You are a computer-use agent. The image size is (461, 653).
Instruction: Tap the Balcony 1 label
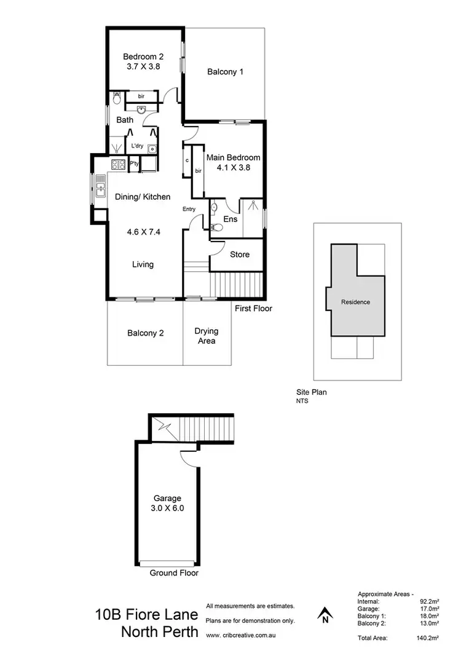(x=225, y=72)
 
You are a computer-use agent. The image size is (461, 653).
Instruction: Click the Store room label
(x=239, y=255)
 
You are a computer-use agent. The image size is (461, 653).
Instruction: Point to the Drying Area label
(x=207, y=336)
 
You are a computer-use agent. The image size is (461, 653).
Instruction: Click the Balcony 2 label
(x=145, y=333)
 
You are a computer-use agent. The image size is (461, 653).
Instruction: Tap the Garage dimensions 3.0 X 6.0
(x=168, y=509)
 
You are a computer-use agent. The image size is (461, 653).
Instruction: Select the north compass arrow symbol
(x=324, y=614)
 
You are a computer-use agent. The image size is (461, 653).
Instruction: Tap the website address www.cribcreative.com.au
(x=240, y=635)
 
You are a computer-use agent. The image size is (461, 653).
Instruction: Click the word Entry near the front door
(x=189, y=209)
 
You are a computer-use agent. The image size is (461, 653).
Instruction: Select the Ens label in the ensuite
(x=230, y=219)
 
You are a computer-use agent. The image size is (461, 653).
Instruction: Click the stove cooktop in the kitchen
(x=117, y=164)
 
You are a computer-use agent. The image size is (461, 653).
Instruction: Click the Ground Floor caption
(x=174, y=573)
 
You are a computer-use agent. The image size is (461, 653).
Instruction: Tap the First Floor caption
(x=253, y=309)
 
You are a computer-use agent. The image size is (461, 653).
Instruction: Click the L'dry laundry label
(x=138, y=146)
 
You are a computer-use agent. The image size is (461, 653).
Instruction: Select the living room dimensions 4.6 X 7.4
(x=143, y=232)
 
